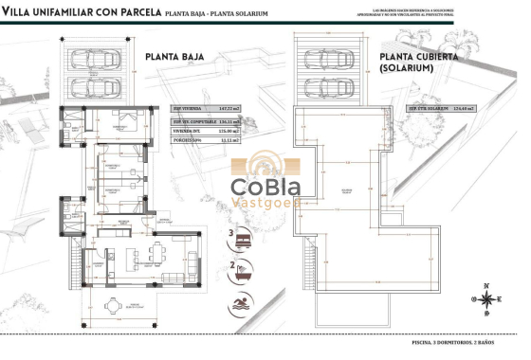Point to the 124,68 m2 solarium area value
461,108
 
